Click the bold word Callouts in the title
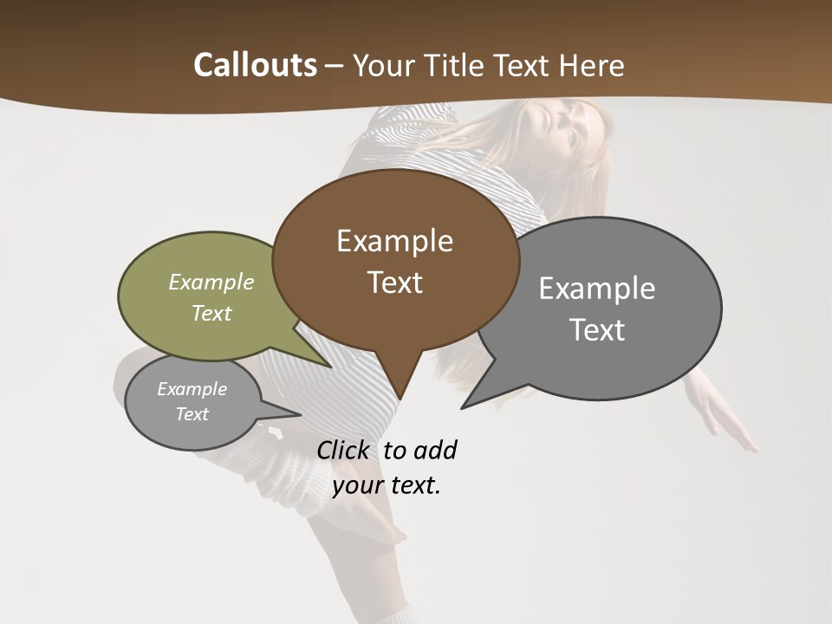point(255,65)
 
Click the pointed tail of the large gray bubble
point(465,406)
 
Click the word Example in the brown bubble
point(394,241)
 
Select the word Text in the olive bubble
point(211,313)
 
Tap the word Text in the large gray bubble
point(597,329)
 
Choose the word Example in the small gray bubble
point(192,389)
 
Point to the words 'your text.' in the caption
point(387,485)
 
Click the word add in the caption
point(434,450)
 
